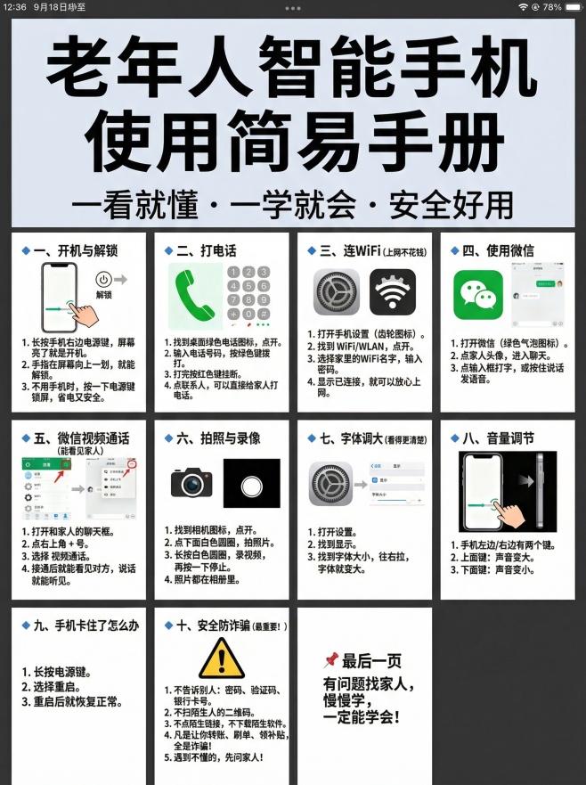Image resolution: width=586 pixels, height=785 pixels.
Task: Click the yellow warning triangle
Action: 222,658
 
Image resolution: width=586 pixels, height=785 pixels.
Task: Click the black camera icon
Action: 192,483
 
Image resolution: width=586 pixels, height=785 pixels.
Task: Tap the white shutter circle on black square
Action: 251,487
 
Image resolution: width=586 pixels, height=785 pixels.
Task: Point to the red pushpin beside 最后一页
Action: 330,659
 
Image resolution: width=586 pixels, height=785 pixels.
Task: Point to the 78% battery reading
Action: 552,6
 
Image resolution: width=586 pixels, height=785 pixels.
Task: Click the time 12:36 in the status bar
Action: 14,6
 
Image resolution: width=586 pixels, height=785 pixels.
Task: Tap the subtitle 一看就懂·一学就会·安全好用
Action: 293,204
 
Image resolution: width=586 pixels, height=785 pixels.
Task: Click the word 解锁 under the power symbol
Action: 104,295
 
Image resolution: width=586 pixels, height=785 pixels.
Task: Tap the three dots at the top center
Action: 293,7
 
